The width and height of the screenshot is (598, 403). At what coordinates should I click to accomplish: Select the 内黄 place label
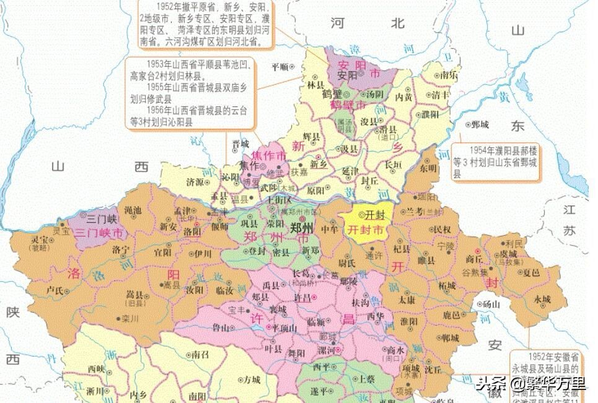[404, 97]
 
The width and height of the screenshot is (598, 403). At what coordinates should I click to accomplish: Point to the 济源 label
[194, 183]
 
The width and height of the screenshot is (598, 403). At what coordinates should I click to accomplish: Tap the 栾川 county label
[130, 319]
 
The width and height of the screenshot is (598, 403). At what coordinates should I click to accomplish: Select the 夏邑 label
[532, 272]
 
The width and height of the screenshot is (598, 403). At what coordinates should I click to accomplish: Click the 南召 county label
[201, 355]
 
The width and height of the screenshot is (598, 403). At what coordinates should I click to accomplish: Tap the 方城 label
[252, 379]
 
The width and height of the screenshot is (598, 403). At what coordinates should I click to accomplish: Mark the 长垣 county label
[394, 165]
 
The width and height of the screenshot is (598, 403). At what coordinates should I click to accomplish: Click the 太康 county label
[407, 299]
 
